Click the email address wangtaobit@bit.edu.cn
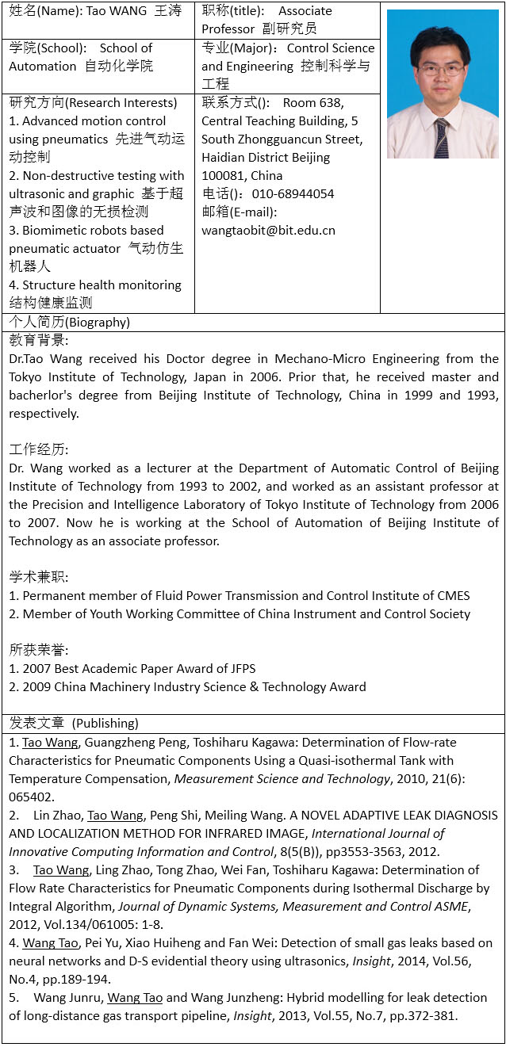click(268, 231)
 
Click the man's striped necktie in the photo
click(441, 138)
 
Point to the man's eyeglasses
click(443, 69)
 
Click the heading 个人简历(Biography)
click(70, 323)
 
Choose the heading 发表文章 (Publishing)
click(74, 724)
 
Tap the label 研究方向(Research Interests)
click(93, 103)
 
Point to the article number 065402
click(33, 797)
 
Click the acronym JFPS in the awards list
click(240, 669)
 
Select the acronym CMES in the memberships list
click(451, 596)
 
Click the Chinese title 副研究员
click(290, 29)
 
